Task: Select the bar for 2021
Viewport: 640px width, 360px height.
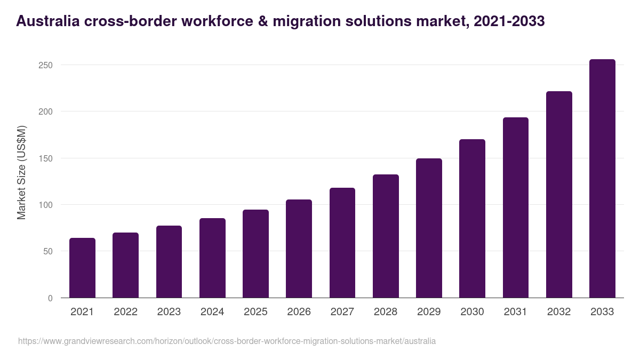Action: tap(82, 268)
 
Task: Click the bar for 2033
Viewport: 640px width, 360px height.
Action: tap(602, 179)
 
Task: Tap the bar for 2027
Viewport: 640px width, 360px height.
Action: tap(342, 243)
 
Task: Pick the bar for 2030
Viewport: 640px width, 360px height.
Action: tap(472, 219)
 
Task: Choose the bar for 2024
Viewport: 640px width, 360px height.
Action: tap(212, 258)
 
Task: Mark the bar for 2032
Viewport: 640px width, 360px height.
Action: tap(559, 195)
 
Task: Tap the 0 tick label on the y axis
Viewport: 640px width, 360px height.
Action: tap(50, 298)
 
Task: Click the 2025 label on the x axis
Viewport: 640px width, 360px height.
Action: tap(255, 312)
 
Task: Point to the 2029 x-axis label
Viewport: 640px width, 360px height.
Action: tap(429, 312)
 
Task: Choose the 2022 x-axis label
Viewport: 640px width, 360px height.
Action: tap(125, 312)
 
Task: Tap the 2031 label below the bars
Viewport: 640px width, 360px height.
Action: tap(516, 312)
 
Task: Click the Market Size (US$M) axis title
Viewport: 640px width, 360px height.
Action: tap(21, 172)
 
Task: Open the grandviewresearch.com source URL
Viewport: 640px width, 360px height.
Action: tap(227, 341)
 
